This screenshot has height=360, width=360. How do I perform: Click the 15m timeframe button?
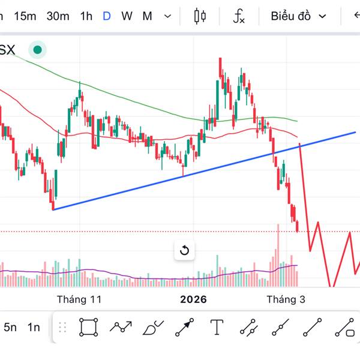[25, 16]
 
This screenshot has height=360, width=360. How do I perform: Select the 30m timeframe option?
[58, 16]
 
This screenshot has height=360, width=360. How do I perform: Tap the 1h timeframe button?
[86, 16]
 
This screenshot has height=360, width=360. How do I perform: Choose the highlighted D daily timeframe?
[107, 16]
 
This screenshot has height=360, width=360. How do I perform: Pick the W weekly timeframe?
[127, 16]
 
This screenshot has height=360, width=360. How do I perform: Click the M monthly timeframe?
[147, 16]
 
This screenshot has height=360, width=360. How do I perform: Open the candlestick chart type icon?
[200, 16]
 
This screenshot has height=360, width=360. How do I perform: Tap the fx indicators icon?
[239, 16]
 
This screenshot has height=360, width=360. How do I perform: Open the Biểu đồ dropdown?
[298, 16]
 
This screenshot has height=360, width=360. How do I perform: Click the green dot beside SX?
[37, 50]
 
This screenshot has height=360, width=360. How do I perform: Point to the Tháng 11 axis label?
[79, 299]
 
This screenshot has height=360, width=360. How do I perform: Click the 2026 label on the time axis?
[193, 299]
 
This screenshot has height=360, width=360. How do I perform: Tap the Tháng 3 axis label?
[286, 299]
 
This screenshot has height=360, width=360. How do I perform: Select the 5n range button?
[10, 327]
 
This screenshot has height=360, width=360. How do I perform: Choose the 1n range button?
[34, 327]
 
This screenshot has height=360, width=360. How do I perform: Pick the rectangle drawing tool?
[89, 327]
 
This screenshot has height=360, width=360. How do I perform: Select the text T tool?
[217, 327]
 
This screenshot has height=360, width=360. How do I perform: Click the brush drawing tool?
[153, 328]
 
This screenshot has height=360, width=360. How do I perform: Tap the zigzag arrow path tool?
[121, 327]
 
